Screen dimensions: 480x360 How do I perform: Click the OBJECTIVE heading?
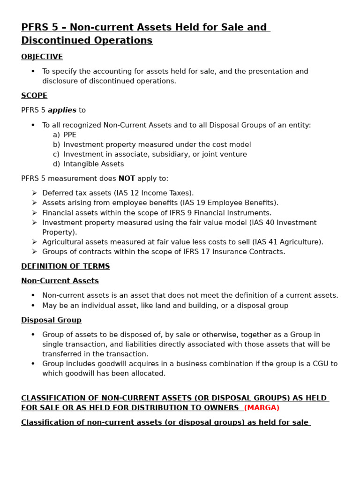[42, 57]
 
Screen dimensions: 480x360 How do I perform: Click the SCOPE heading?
[34, 96]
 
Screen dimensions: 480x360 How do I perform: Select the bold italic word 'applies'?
[62, 110]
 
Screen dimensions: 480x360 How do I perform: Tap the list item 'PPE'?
[70, 135]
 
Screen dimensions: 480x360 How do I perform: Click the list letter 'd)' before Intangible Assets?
[56, 164]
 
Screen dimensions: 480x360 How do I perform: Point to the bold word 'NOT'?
[127, 179]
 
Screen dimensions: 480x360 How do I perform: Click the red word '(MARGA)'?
[262, 408]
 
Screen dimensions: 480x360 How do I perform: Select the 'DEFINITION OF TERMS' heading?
[66, 266]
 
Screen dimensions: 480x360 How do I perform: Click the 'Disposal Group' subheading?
[51, 320]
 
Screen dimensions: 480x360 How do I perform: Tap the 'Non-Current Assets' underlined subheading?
[60, 281]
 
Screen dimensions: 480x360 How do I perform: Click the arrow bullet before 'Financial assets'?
[34, 213]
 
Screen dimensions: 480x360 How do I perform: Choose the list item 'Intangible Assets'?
[94, 164]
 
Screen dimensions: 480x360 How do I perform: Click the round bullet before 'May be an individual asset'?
[33, 306]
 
